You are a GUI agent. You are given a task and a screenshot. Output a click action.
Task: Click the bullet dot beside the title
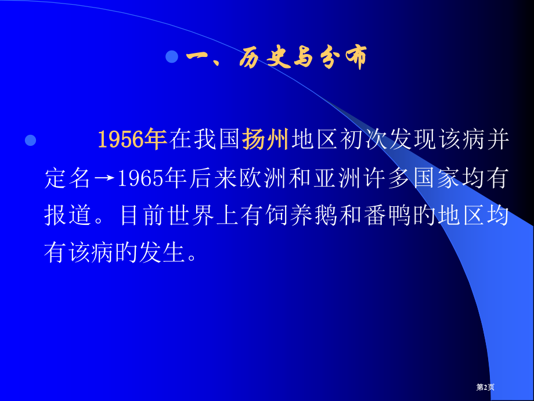171,57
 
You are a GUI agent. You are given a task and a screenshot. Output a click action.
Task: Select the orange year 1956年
132,140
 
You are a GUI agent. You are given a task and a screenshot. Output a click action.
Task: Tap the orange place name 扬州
265,140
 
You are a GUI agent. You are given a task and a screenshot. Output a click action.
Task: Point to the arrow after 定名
104,178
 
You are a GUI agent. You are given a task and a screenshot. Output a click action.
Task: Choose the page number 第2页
485,387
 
